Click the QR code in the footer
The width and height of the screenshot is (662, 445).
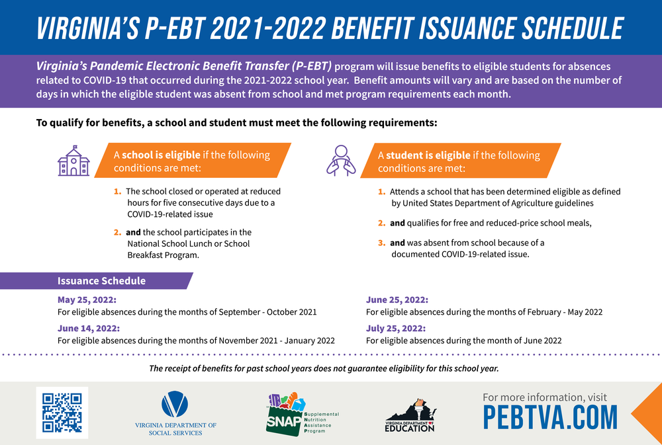62,413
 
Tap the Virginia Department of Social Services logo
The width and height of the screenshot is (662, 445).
175,413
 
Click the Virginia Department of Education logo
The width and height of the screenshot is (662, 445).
410,415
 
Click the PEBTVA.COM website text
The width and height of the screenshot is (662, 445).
549,417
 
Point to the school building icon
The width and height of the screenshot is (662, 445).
73,160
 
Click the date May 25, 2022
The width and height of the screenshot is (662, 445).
89,300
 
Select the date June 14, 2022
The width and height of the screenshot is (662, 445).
89,328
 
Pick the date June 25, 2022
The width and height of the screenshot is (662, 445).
397,300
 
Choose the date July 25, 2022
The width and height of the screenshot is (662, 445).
396,328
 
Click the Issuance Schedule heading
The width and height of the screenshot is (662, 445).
101,280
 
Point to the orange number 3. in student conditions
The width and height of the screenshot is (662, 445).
382,243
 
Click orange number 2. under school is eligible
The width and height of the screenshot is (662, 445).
117,233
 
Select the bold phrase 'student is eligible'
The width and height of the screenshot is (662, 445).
428,155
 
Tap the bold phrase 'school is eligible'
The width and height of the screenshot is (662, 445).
161,155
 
